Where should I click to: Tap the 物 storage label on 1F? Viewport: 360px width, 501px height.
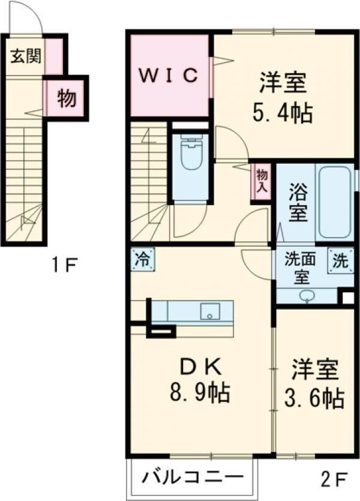click(x=66, y=98)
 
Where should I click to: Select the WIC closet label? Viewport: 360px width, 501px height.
click(x=168, y=76)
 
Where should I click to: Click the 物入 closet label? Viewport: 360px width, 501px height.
click(x=262, y=181)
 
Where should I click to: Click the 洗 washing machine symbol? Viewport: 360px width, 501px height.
click(x=339, y=261)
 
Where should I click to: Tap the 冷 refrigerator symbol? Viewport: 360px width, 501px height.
click(x=142, y=260)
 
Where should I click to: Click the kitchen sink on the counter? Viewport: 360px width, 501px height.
click(x=209, y=311)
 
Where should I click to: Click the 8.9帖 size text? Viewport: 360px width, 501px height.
click(x=199, y=394)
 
